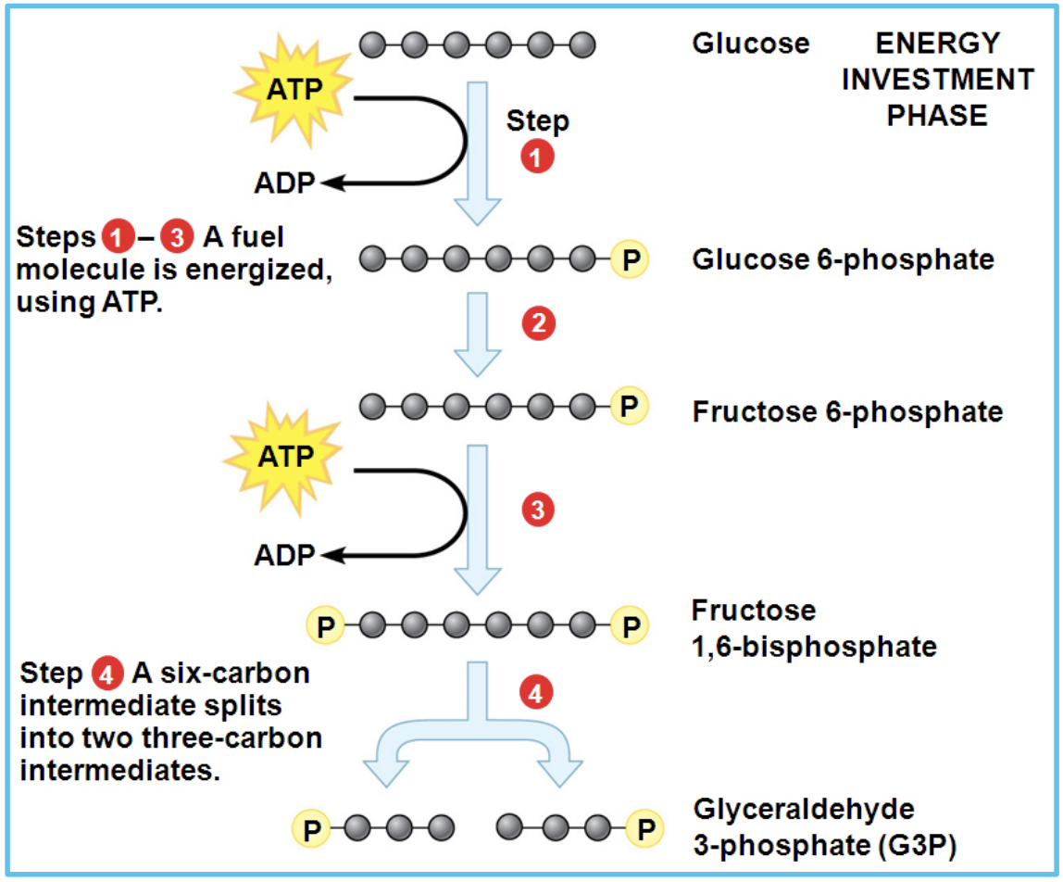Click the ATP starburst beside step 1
click(x=289, y=90)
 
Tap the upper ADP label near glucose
click(x=284, y=183)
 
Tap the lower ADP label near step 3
click(x=284, y=555)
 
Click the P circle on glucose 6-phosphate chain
click(x=631, y=259)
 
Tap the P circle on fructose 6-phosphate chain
click(x=631, y=406)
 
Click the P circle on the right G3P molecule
click(x=645, y=827)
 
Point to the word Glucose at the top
click(x=750, y=44)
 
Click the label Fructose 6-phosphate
click(x=846, y=410)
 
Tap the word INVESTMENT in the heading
click(x=937, y=80)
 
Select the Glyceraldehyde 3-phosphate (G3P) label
click(x=804, y=825)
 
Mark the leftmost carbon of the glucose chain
click(x=372, y=44)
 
